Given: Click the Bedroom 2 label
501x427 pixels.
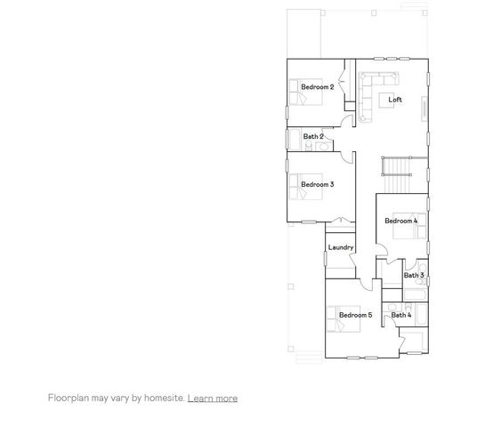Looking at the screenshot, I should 317,86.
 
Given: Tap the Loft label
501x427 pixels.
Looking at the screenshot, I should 395,100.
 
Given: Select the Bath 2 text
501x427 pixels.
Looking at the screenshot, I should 312,136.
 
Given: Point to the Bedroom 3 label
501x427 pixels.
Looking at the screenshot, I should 317,184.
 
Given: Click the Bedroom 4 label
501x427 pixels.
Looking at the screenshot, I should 400,221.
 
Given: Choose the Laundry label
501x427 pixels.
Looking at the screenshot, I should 341,247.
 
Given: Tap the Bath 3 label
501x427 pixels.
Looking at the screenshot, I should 413,275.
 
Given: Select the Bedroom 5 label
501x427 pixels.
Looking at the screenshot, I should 355,315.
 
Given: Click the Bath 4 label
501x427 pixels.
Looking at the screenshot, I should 400,315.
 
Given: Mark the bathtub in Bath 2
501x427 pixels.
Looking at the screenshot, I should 293,141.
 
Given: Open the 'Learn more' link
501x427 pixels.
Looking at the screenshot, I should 212,399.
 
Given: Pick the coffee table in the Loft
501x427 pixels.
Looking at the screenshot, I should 389,83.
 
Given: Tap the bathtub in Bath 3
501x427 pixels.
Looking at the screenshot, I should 423,275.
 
